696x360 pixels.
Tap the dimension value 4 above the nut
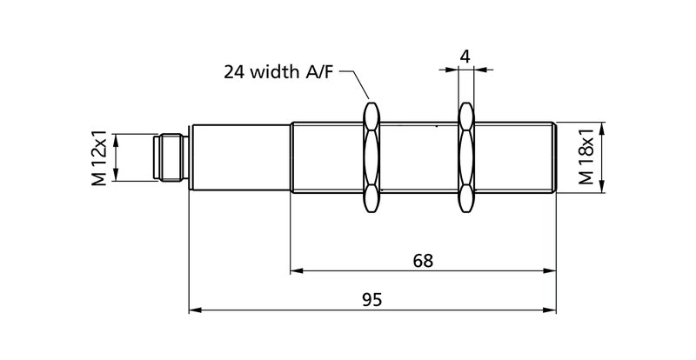[465, 57]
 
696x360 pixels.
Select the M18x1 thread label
[587, 157]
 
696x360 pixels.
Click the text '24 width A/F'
[278, 73]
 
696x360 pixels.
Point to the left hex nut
[371, 157]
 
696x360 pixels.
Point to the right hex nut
[466, 157]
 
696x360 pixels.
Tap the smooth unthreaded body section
[239, 157]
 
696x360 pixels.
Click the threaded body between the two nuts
[418, 157]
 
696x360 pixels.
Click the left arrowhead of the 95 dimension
[195, 309]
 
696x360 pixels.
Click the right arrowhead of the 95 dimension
[552, 309]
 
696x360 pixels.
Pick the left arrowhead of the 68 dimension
[297, 271]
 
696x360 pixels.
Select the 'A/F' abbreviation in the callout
[318, 73]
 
